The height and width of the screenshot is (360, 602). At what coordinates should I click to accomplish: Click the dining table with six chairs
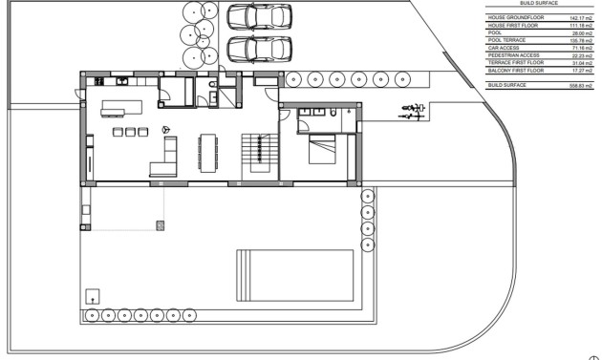207,148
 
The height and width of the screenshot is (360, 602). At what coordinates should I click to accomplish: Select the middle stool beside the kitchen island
131,132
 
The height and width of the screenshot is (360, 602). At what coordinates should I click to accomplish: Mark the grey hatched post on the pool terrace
161,224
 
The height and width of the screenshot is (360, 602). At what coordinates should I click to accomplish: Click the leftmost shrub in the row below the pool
93,312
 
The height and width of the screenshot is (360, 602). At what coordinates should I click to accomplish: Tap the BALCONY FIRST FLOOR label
515,70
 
